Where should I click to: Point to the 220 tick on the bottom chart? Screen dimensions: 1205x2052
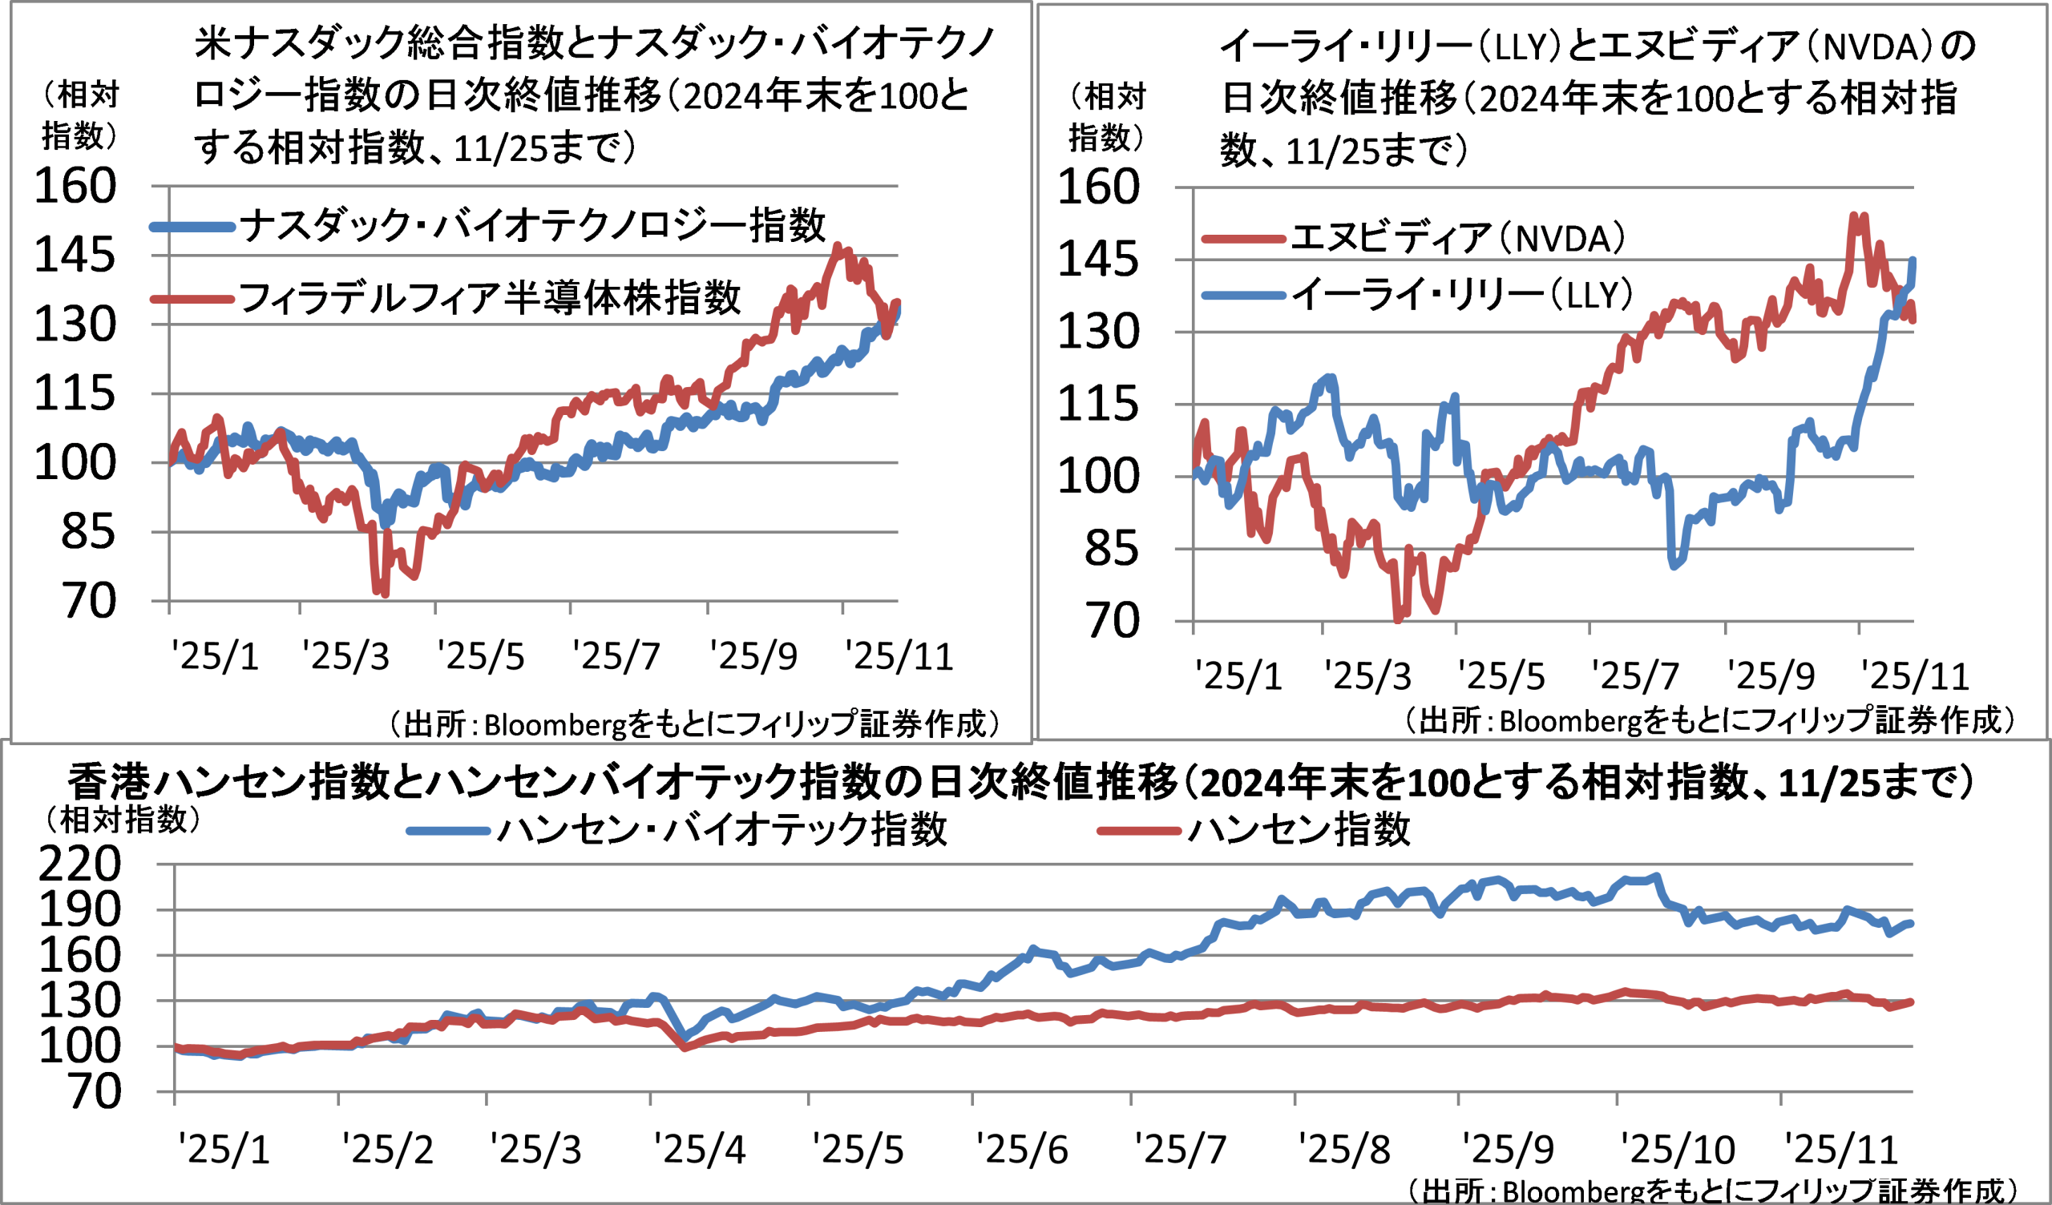[80, 864]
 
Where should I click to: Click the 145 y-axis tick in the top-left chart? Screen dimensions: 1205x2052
[75, 256]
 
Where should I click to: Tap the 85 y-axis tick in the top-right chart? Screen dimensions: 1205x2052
[1111, 550]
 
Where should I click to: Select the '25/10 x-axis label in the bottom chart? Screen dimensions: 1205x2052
[1678, 1151]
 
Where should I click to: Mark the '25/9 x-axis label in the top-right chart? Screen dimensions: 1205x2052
[1771, 676]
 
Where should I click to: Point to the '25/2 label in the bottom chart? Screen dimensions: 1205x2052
[388, 1151]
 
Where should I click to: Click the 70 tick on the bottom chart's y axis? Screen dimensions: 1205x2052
[95, 1093]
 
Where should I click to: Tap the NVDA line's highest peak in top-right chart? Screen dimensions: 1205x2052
[1854, 216]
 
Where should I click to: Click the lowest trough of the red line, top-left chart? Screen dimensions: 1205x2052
[384, 594]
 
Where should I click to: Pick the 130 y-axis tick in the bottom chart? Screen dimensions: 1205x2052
[80, 1001]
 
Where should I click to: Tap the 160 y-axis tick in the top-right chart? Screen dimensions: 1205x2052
[1097, 187]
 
